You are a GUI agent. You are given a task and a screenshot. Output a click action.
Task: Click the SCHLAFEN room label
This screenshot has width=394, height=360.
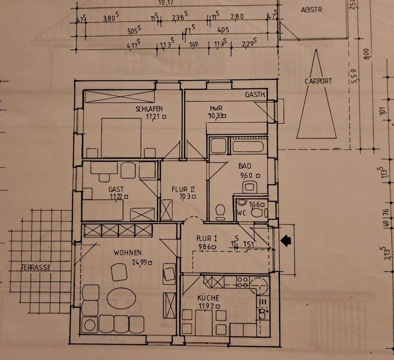[149, 109]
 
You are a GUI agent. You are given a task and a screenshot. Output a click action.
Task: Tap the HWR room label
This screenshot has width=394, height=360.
[216, 108]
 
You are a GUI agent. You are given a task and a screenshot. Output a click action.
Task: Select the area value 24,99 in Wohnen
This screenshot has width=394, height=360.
[140, 262]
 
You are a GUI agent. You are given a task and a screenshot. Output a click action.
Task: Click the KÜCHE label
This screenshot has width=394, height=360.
[209, 298]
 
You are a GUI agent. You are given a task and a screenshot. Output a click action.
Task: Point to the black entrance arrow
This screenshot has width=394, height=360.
[286, 241]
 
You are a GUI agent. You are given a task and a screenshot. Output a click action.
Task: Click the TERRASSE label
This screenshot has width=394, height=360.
[36, 268]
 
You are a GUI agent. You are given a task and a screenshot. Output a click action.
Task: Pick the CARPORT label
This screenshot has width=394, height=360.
[318, 82]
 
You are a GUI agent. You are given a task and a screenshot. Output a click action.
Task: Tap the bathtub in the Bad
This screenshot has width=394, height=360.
[246, 146]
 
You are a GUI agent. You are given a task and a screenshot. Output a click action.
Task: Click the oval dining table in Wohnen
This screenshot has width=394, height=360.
[121, 298]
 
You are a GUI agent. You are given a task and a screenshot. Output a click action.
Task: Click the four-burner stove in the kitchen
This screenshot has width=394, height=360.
[242, 282]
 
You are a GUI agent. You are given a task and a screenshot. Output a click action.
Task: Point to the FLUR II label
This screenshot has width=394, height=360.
[183, 189]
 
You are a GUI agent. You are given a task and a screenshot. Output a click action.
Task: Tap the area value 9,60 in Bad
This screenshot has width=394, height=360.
[249, 175]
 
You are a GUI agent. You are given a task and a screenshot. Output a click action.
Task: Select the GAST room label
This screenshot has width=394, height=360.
[116, 189]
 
